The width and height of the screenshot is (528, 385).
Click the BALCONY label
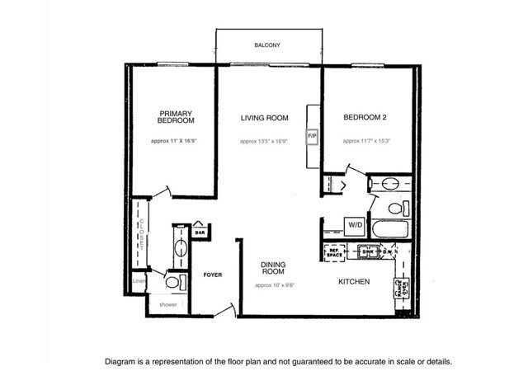click(x=266, y=45)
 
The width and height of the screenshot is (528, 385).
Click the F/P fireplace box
click(x=312, y=135)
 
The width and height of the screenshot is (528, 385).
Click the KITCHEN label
click(x=353, y=283)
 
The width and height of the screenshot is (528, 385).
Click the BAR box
click(x=200, y=233)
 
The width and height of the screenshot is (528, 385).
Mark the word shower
click(x=167, y=304)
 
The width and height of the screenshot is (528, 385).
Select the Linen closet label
click(x=139, y=282)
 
